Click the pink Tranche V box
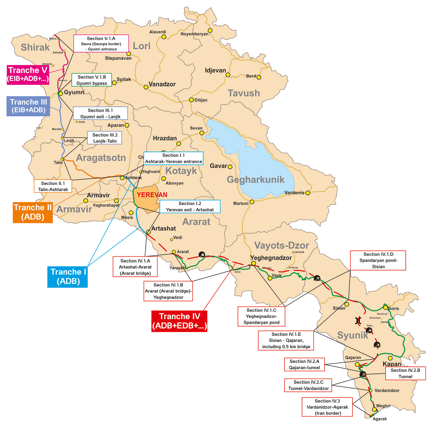(x=28, y=75)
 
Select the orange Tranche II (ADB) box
(x=33, y=212)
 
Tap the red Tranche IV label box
(x=179, y=321)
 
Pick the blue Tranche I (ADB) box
(x=68, y=277)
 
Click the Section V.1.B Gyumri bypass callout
(x=92, y=80)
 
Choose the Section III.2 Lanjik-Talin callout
(x=105, y=138)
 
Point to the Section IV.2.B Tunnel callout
(x=405, y=373)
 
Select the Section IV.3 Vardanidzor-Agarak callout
(x=327, y=407)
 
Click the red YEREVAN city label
(x=152, y=195)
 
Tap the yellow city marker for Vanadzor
(x=146, y=87)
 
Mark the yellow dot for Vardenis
(x=308, y=193)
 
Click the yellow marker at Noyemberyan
(x=210, y=31)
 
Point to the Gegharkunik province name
(x=255, y=180)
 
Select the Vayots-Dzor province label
(x=282, y=245)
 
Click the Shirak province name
(x=35, y=47)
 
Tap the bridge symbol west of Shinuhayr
(x=358, y=320)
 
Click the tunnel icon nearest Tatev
(x=369, y=331)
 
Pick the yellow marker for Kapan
(x=390, y=358)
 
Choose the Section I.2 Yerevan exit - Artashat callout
(x=190, y=207)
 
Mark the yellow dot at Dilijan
(x=191, y=100)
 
